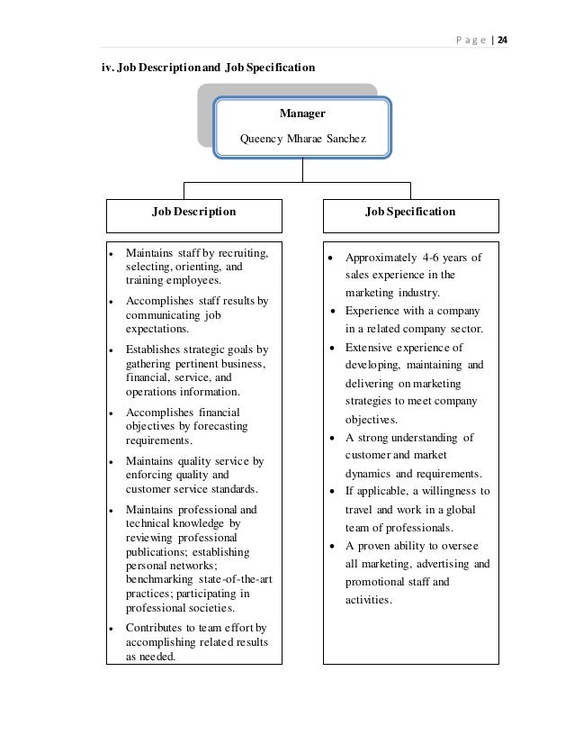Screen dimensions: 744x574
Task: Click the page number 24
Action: [x=503, y=39]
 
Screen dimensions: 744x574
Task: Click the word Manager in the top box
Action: [x=302, y=114]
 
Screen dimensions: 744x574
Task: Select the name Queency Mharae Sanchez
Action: [x=302, y=140]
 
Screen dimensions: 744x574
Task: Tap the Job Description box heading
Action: [x=193, y=213]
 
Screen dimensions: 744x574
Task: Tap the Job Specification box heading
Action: [x=409, y=213]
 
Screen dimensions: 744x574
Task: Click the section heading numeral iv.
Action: [x=105, y=68]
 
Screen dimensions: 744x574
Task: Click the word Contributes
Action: [x=156, y=627]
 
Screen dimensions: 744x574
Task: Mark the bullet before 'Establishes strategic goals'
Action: [x=109, y=349]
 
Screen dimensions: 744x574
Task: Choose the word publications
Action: [x=158, y=550]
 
